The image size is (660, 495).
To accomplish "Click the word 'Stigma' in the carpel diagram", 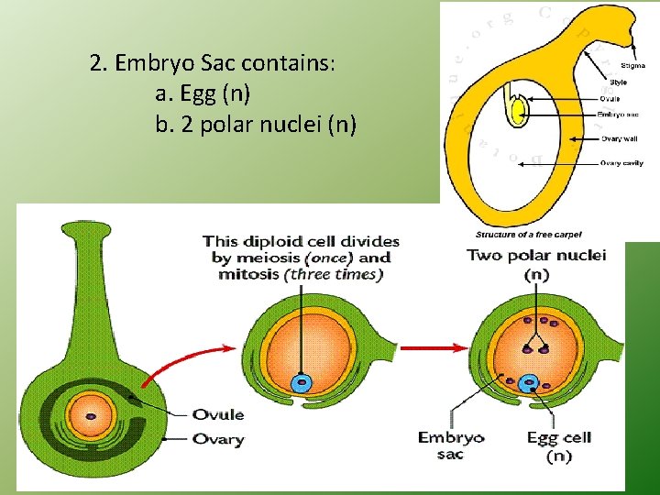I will click(x=632, y=66).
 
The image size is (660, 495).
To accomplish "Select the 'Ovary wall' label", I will click(x=617, y=139).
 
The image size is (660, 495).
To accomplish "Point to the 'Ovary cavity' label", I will click(x=620, y=163).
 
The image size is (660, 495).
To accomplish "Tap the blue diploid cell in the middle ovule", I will click(x=300, y=383).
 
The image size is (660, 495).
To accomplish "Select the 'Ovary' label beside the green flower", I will click(x=217, y=439).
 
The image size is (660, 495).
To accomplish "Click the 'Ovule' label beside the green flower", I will click(x=217, y=414).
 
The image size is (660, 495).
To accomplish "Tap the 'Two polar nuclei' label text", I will click(x=536, y=256).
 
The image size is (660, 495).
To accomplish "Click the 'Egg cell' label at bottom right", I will click(x=558, y=438).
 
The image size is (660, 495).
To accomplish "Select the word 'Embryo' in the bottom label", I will click(x=450, y=437).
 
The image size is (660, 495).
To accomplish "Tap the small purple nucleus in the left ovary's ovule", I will click(x=92, y=416).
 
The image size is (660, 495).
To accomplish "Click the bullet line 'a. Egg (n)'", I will click(x=203, y=93).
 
